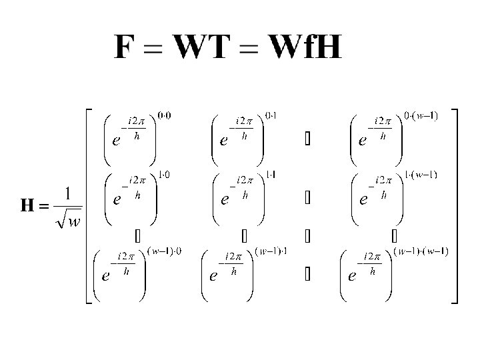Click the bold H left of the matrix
tap(27, 206)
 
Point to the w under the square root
tap(73, 221)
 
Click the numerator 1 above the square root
tap(68, 194)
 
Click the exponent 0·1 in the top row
tap(271, 115)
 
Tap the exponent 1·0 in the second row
tap(163, 176)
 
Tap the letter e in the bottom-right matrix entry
tap(351, 276)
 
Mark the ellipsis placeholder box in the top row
tap(307, 141)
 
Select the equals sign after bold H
tap(44, 207)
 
